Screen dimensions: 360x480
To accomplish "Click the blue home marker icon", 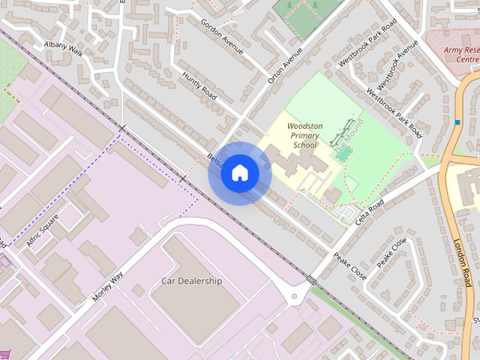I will pos(239,172).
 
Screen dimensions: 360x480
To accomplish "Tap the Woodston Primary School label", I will pos(304,135).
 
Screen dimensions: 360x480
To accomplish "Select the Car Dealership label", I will pos(192,281).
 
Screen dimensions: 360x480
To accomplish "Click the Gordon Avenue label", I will pos(222,34).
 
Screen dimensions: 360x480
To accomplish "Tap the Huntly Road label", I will pos(199,86).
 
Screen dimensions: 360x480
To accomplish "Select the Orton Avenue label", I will pos(285,65).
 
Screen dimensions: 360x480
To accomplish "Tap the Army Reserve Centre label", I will pos(460,54).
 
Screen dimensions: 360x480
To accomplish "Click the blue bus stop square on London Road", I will pos(457,122).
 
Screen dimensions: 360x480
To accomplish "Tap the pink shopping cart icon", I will pos(6,355).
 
